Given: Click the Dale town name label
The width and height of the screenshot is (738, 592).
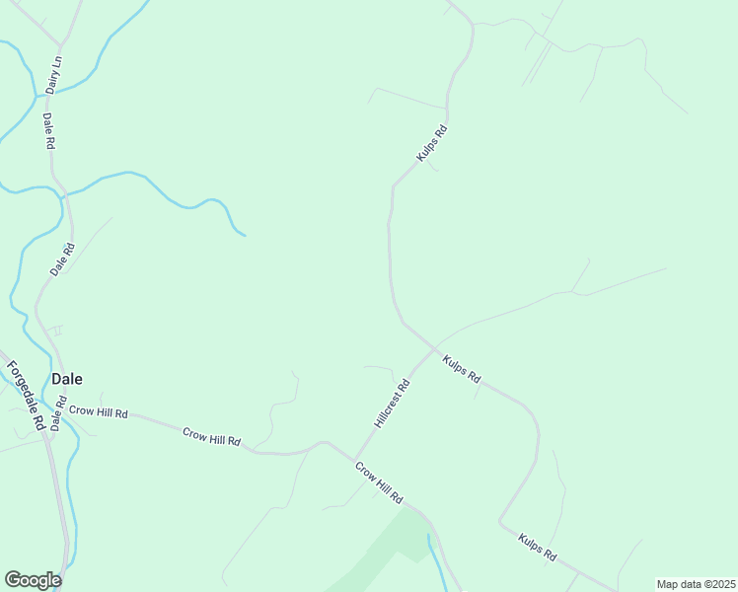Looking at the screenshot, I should tap(67, 378).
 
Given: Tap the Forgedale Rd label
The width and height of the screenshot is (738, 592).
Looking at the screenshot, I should tap(25, 395).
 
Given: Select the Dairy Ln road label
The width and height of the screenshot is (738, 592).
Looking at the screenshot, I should tap(54, 75).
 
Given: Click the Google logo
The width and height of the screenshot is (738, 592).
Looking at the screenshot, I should tap(33, 580).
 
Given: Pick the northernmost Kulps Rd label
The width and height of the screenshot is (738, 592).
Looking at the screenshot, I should tap(432, 143).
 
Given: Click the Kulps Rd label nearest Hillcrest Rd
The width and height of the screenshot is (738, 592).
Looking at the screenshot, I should tap(461, 369).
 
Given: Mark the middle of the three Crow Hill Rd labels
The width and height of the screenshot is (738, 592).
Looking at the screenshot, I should tap(211, 435).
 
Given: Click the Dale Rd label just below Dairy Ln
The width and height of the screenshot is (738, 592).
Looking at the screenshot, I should tap(48, 130).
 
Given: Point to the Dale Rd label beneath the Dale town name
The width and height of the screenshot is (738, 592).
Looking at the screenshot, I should tap(58, 413).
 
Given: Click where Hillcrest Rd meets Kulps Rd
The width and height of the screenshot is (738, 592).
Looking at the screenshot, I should tap(433, 346).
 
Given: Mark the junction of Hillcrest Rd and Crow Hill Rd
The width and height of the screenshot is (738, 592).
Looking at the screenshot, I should tap(352, 460).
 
